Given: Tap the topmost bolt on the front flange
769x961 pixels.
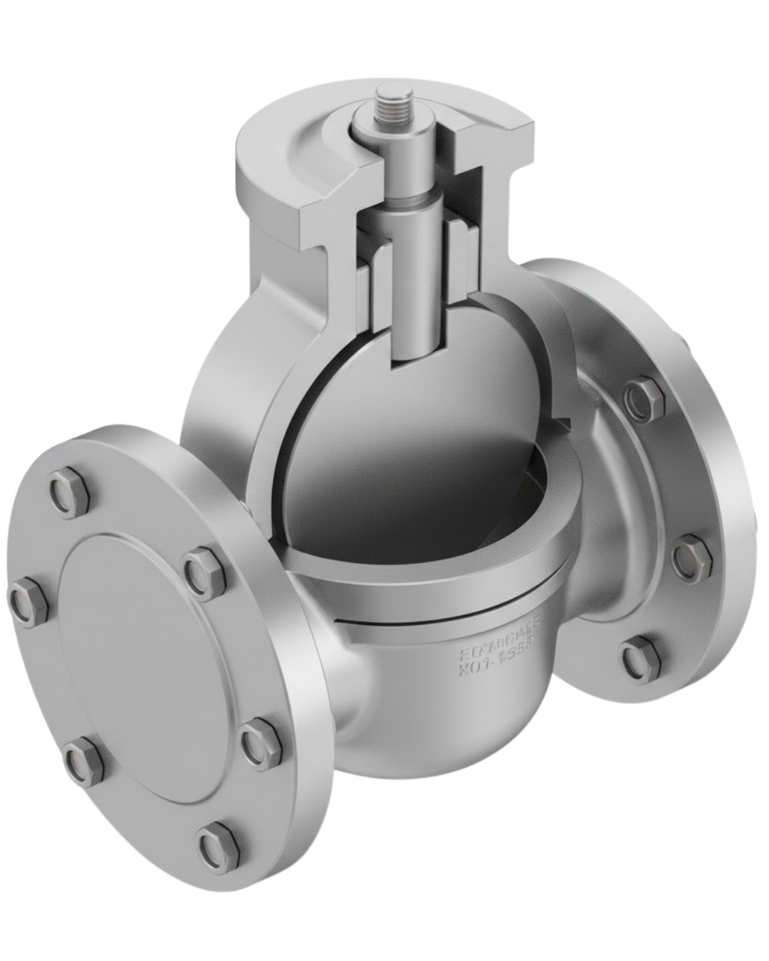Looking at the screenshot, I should click(x=68, y=490).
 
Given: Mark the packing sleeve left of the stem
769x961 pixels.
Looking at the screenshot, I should click(x=376, y=271).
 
